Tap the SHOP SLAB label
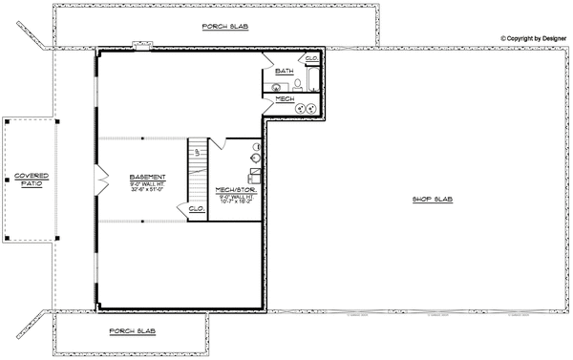coord(431,200)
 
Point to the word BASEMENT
coord(148,177)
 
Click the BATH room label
coord(285,72)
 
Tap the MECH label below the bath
coord(285,98)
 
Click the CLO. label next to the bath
coord(311,58)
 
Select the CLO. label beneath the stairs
coord(197,208)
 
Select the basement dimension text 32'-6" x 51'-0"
coord(148,189)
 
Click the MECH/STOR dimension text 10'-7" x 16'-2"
coord(235,202)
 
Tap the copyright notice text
coord(534,39)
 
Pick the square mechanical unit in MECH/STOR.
coord(254,175)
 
